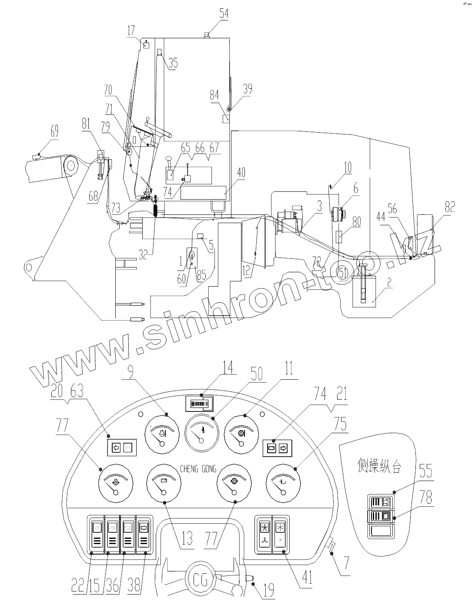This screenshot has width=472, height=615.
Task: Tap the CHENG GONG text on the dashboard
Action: [x=198, y=469]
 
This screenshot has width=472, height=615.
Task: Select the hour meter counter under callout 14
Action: [x=200, y=404]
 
